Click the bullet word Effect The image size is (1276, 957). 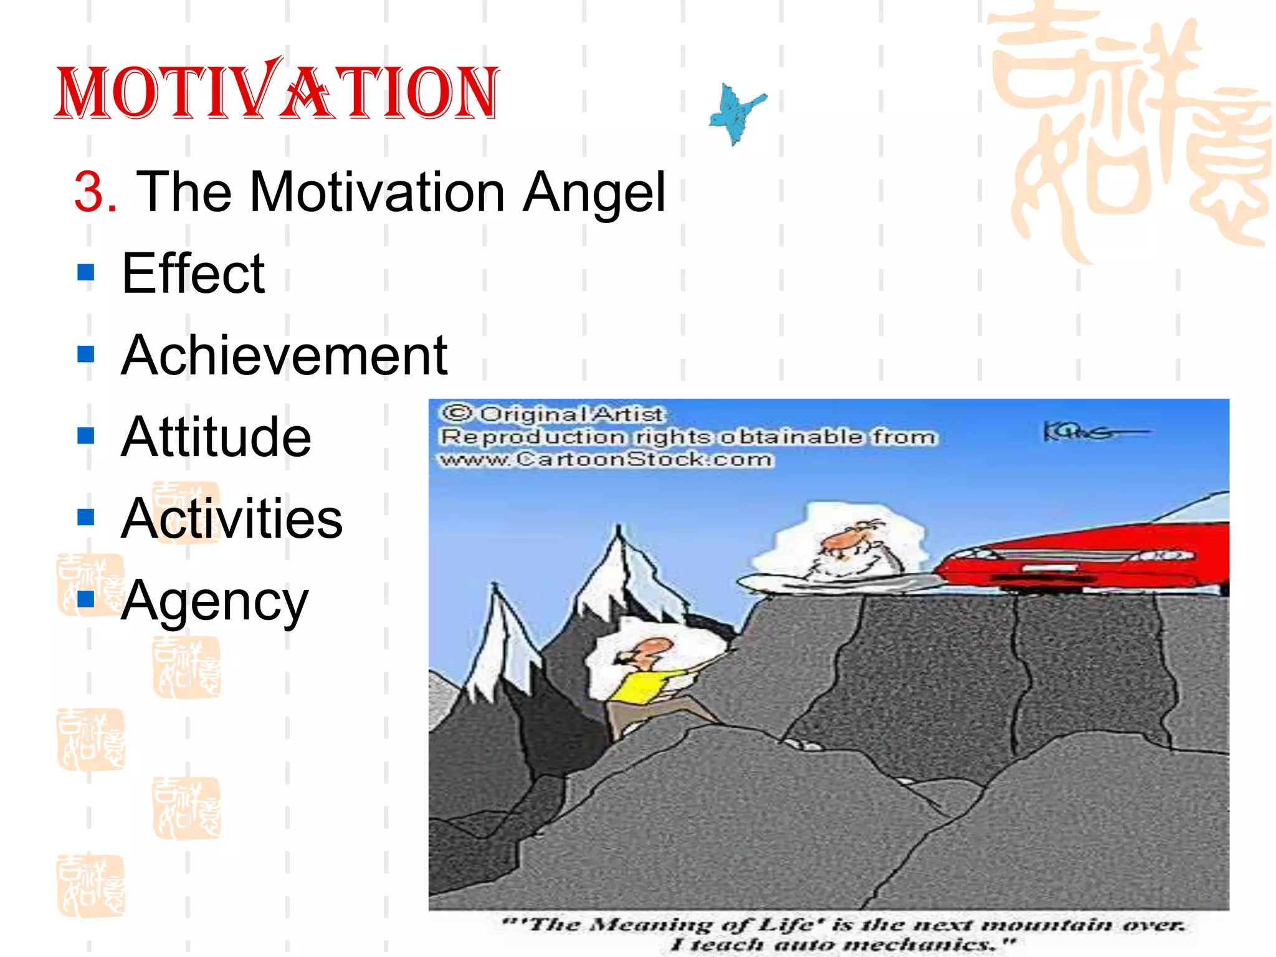pos(193,274)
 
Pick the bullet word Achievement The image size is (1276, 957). pos(284,356)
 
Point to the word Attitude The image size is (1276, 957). pos(216,437)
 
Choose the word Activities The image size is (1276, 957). pos(232,519)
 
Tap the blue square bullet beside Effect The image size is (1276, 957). pos(86,273)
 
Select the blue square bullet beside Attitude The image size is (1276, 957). pos(86,436)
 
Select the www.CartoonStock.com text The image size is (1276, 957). pos(606,460)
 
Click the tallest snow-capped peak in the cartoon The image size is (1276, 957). pos(618,555)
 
